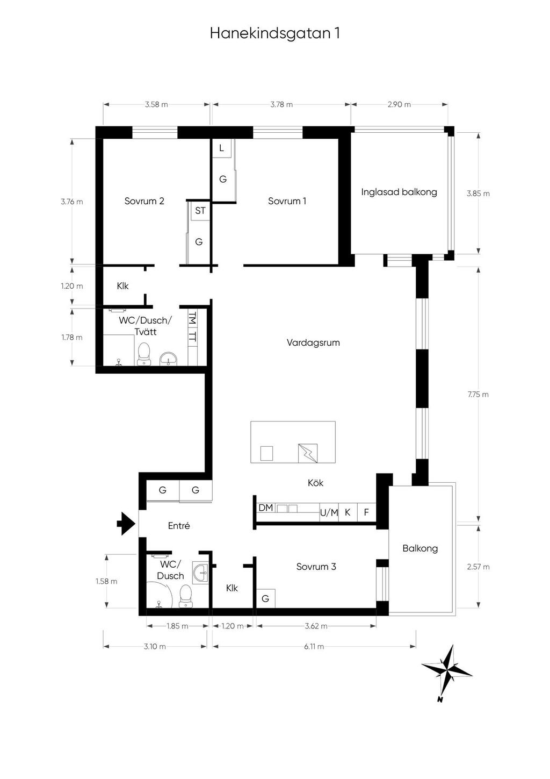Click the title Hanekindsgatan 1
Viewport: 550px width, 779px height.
coord(275,34)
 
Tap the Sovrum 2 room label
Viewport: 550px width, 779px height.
coord(144,201)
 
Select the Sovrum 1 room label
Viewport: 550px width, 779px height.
coord(287,201)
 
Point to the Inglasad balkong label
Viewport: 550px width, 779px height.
coord(399,192)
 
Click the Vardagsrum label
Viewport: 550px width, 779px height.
coord(313,343)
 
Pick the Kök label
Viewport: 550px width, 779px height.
coord(315,483)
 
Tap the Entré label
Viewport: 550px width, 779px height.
coord(179,526)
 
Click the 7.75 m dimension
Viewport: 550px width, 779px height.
coord(478,395)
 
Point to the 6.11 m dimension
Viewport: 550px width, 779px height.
coord(314,646)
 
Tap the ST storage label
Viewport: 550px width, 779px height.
coord(200,211)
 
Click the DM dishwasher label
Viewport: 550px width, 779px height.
coord(266,508)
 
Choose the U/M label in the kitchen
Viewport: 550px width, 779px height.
coord(329,512)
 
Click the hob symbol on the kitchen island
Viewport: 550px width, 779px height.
coord(308,453)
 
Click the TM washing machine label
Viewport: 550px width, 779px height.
coord(192,318)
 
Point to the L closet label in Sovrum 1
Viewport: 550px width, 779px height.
coord(221,148)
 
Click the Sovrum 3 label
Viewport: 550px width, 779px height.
coord(316,567)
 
